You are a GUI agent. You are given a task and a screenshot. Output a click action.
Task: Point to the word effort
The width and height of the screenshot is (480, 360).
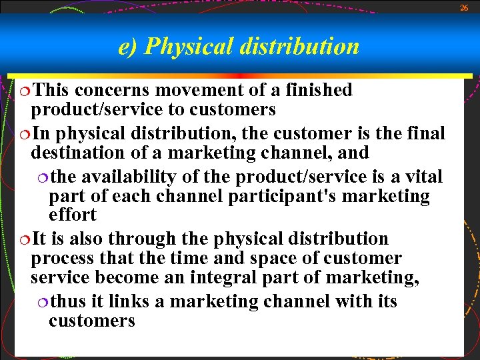coord(73,215)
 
